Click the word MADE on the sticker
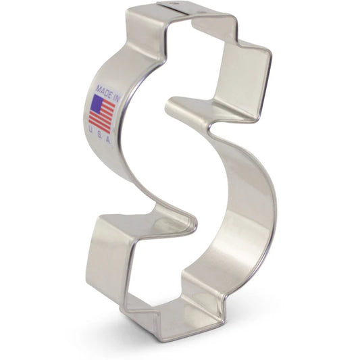point(104,90)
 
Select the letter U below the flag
point(91,130)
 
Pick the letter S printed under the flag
point(99,135)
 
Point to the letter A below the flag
point(108,140)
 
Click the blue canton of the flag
point(97,103)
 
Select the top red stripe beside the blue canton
point(109,103)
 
